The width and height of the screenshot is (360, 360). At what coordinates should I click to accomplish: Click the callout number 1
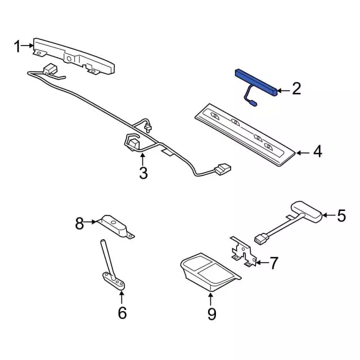coord(17,46)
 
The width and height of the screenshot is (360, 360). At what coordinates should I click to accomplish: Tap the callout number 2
coord(296,89)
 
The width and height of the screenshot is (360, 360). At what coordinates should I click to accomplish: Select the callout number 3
coord(143,173)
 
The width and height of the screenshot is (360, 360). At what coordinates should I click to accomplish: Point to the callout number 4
coord(318,151)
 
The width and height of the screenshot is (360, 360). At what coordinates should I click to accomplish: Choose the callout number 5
coord(341,215)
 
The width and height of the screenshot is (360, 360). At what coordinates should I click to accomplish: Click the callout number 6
coord(122,313)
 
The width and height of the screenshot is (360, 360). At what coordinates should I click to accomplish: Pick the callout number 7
coord(273,263)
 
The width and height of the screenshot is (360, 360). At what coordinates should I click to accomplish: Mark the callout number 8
coord(79,223)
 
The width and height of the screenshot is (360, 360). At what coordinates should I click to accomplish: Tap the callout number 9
coord(211,314)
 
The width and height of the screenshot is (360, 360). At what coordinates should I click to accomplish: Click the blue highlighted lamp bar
coord(256,83)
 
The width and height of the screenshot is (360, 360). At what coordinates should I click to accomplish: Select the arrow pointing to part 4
coord(303,152)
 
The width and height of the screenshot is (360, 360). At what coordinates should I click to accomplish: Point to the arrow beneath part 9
coord(210,299)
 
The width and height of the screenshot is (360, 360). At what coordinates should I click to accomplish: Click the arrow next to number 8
coord(90,222)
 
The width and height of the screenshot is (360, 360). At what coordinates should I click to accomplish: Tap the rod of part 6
coord(107,259)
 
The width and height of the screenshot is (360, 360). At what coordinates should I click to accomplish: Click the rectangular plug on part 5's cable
coord(261,238)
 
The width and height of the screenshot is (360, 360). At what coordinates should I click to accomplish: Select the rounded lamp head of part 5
coord(307,211)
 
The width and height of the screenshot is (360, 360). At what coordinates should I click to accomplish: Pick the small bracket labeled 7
coord(244,252)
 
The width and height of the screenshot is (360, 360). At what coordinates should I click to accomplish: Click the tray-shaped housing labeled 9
coord(210,272)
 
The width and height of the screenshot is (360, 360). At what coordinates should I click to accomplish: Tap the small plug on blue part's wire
coord(253,103)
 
